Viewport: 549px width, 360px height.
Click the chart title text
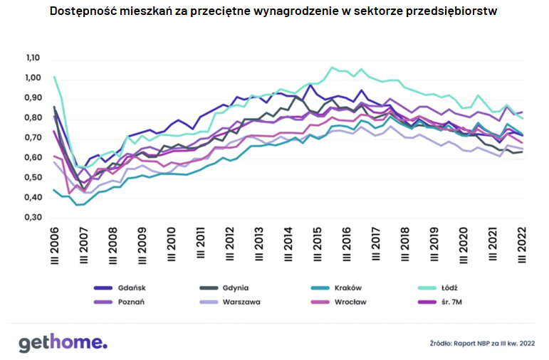(274, 12)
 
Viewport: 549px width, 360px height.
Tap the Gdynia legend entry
(234, 288)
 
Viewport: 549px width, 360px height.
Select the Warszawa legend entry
(239, 302)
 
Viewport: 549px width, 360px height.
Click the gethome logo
(63, 342)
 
